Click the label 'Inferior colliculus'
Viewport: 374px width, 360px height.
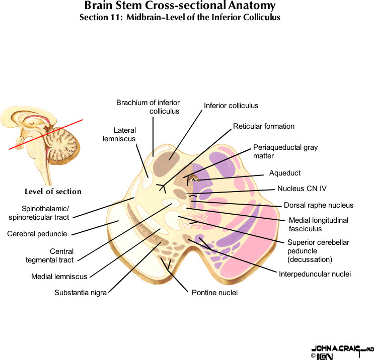231,106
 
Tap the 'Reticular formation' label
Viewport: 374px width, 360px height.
263,126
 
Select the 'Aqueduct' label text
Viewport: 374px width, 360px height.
284,173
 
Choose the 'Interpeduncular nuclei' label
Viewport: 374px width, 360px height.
314,274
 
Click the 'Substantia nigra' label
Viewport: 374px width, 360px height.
80,293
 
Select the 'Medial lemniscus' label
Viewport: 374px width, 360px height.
59,276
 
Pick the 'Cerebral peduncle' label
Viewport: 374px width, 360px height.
37,233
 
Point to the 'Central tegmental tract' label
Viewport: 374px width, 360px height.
49,255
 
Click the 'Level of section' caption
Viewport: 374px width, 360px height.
53,192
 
